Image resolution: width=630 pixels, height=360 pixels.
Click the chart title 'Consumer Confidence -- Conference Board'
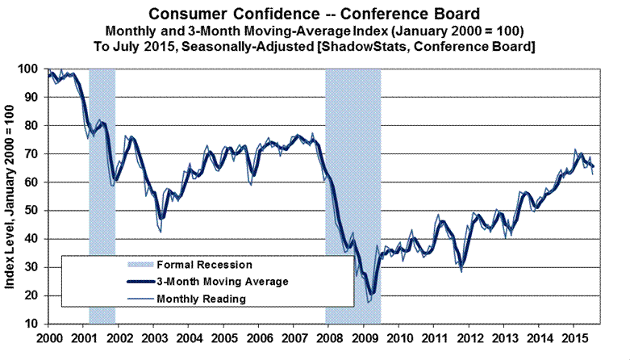point(315,13)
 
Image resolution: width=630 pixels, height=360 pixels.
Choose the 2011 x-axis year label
point(436,336)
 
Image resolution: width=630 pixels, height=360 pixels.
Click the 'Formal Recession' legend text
point(204,265)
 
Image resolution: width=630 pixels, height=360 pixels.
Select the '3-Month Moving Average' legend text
point(222,282)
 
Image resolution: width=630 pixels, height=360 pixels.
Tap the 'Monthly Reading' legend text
point(202,299)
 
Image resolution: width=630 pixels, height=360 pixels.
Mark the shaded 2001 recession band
point(102,194)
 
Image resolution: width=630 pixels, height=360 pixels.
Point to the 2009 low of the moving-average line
point(371,294)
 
